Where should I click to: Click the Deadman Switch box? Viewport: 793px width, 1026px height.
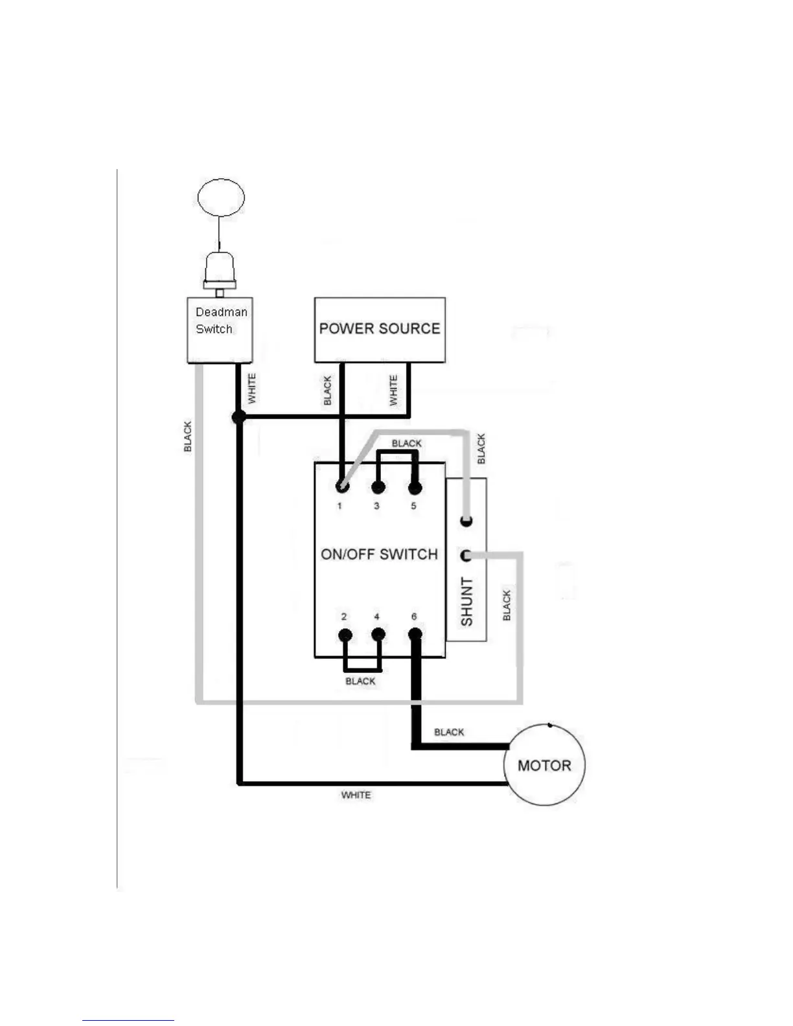click(220, 330)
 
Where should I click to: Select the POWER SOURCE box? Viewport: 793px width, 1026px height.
click(380, 330)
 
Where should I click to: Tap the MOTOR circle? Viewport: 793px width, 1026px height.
click(544, 765)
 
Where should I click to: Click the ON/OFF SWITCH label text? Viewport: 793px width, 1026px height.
click(380, 554)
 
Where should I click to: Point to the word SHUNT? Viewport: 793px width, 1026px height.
click(466, 602)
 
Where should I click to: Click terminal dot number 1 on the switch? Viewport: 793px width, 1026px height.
click(341, 486)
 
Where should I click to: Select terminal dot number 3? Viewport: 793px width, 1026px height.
click(378, 487)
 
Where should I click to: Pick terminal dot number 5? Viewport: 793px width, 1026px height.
click(415, 487)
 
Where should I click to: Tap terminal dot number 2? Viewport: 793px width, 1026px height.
click(345, 635)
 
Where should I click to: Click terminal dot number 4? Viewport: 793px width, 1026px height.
click(378, 635)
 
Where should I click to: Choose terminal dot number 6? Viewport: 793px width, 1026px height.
click(415, 635)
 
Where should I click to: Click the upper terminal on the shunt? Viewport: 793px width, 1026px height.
click(466, 521)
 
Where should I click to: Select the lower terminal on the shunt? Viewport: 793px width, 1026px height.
click(466, 556)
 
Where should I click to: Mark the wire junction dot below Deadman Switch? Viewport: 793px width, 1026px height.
click(238, 417)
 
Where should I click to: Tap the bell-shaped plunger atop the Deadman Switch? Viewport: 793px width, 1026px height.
click(220, 268)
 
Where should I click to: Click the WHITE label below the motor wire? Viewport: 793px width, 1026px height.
click(356, 795)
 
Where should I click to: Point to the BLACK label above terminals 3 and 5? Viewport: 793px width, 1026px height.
click(406, 444)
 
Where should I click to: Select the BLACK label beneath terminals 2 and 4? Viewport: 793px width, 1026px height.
click(360, 681)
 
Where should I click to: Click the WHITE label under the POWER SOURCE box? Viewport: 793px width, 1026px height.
click(393, 391)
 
